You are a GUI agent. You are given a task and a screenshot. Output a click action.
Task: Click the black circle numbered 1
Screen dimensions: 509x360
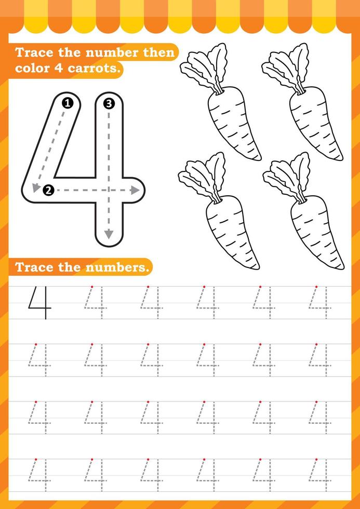67,103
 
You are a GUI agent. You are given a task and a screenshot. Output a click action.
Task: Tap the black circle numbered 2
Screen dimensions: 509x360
48,190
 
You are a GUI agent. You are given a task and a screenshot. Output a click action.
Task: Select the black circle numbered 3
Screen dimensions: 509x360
108,103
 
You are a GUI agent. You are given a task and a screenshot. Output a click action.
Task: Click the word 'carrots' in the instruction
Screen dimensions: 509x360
95,69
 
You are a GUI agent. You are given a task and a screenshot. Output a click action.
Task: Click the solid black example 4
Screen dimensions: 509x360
40,303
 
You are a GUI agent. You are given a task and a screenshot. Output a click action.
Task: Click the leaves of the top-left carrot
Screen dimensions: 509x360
204,68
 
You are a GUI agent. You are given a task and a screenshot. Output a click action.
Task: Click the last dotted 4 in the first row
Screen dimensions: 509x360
319,303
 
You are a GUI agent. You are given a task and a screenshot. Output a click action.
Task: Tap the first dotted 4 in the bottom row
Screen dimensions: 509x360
40,475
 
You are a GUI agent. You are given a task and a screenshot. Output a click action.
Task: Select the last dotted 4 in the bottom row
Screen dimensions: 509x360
319,475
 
